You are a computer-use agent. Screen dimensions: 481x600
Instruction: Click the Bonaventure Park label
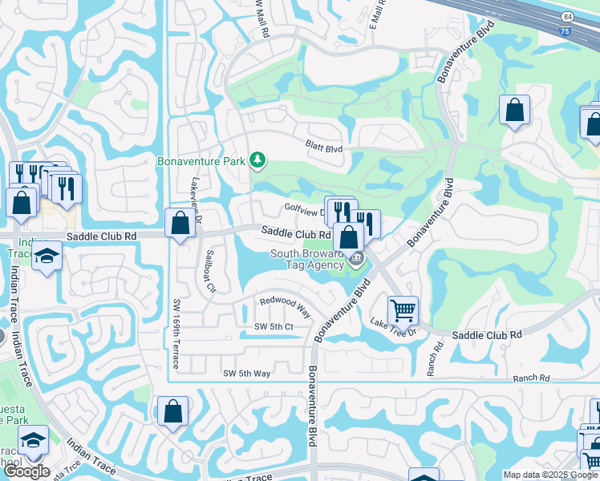point(201,161)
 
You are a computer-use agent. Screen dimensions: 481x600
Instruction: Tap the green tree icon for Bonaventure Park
point(257,161)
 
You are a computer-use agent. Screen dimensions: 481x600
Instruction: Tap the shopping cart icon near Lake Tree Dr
point(403,309)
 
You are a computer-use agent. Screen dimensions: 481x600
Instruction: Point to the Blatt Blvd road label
point(323,149)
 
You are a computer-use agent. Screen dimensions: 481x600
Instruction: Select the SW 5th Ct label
point(274,327)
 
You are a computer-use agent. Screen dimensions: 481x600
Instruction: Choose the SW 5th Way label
point(246,374)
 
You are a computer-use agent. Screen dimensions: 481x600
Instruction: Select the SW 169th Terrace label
point(177,334)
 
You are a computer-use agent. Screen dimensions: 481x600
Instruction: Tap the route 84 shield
point(567,17)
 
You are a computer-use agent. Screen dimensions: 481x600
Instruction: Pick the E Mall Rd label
point(378,15)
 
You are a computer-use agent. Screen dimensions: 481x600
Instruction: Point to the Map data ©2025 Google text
point(549,475)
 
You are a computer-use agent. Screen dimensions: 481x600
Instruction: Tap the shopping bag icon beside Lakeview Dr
point(180,224)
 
